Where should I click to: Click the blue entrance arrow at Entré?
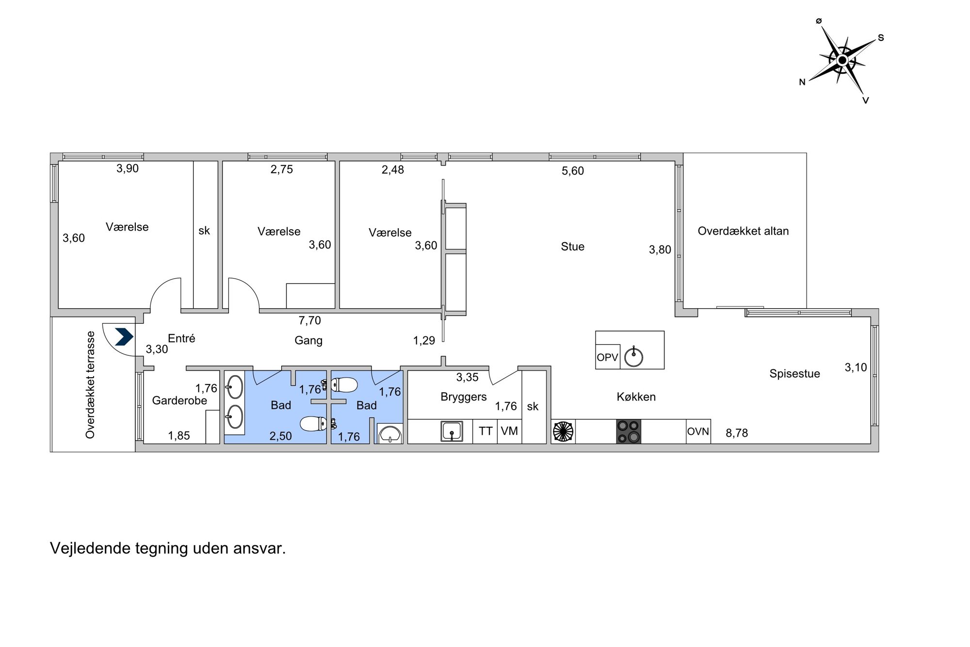(x=124, y=337)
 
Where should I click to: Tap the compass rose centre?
(x=842, y=60)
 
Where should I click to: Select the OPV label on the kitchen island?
(x=607, y=358)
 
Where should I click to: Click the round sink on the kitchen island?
(x=633, y=357)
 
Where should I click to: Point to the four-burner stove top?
(x=629, y=431)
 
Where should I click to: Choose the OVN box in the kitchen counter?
(x=698, y=431)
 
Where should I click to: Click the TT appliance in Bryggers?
(x=485, y=431)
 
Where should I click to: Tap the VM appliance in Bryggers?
(x=509, y=431)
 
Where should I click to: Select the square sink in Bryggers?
(x=452, y=431)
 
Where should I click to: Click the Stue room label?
(x=572, y=247)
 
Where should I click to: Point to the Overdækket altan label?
(x=743, y=231)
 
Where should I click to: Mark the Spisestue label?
(x=794, y=374)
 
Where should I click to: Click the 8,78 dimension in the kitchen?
(x=737, y=433)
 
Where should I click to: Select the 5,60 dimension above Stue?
(x=573, y=171)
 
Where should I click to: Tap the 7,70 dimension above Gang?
(x=310, y=320)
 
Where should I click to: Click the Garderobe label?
(x=179, y=400)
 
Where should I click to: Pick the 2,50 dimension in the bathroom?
(x=281, y=436)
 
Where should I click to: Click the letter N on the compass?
(x=802, y=83)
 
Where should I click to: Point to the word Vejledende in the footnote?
(x=91, y=548)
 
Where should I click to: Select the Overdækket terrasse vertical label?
(x=90, y=385)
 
